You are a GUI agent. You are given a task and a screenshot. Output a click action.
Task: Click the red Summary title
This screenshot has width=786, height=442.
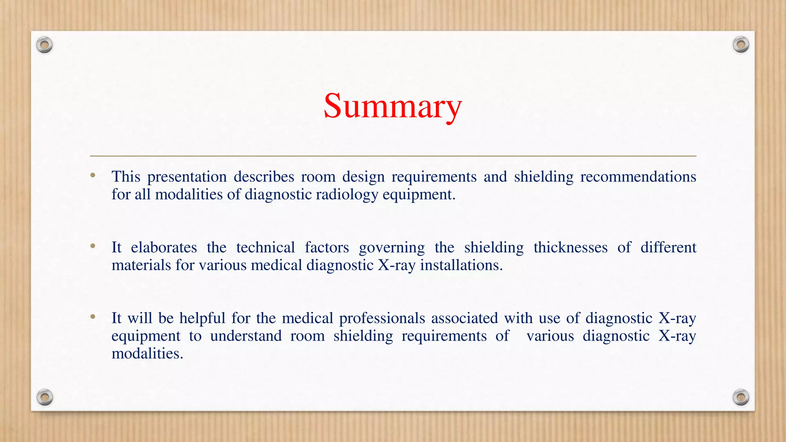click(x=393, y=106)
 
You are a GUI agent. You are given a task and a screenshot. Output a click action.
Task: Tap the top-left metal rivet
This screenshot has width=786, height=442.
click(x=45, y=45)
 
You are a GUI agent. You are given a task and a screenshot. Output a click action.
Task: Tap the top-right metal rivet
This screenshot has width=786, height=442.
click(x=741, y=45)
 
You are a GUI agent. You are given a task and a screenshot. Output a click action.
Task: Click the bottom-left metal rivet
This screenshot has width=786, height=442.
click(x=45, y=397)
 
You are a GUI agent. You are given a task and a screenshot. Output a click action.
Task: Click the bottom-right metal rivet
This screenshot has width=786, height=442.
click(x=741, y=397)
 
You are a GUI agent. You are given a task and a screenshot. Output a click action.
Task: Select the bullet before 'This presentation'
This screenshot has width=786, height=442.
click(x=93, y=176)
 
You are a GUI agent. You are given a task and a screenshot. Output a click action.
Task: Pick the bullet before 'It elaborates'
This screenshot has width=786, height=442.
click(x=93, y=246)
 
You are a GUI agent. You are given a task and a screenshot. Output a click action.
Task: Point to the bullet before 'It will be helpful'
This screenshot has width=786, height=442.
click(x=93, y=317)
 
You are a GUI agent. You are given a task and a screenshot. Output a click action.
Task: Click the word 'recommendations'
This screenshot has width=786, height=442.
click(x=638, y=177)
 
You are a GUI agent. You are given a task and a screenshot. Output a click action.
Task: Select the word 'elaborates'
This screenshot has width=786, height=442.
click(x=164, y=247)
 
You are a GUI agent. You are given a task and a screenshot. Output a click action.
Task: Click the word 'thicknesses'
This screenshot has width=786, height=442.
click(x=570, y=247)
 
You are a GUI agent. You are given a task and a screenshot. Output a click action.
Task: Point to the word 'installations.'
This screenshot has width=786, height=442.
click(x=461, y=265)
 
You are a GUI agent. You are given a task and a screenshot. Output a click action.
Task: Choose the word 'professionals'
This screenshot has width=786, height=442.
click(x=382, y=318)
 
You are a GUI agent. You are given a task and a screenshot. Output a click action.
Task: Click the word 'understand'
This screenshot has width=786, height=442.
click(x=246, y=336)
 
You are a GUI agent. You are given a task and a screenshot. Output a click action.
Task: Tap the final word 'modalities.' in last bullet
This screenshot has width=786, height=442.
click(x=147, y=353)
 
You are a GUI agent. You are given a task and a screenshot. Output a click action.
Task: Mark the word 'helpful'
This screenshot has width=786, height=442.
click(x=202, y=318)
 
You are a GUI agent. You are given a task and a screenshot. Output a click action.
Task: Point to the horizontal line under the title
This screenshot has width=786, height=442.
click(x=393, y=156)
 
